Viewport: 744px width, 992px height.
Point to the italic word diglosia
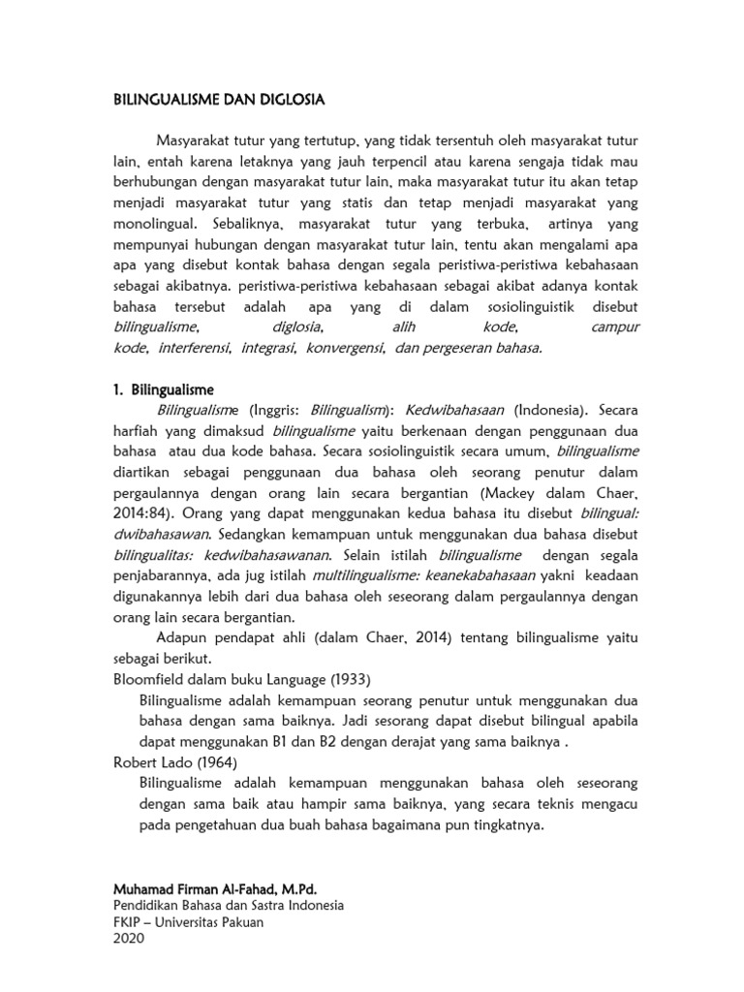tap(296, 327)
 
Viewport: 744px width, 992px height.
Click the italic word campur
tap(615, 327)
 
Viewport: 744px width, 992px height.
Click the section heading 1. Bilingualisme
tap(165, 389)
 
